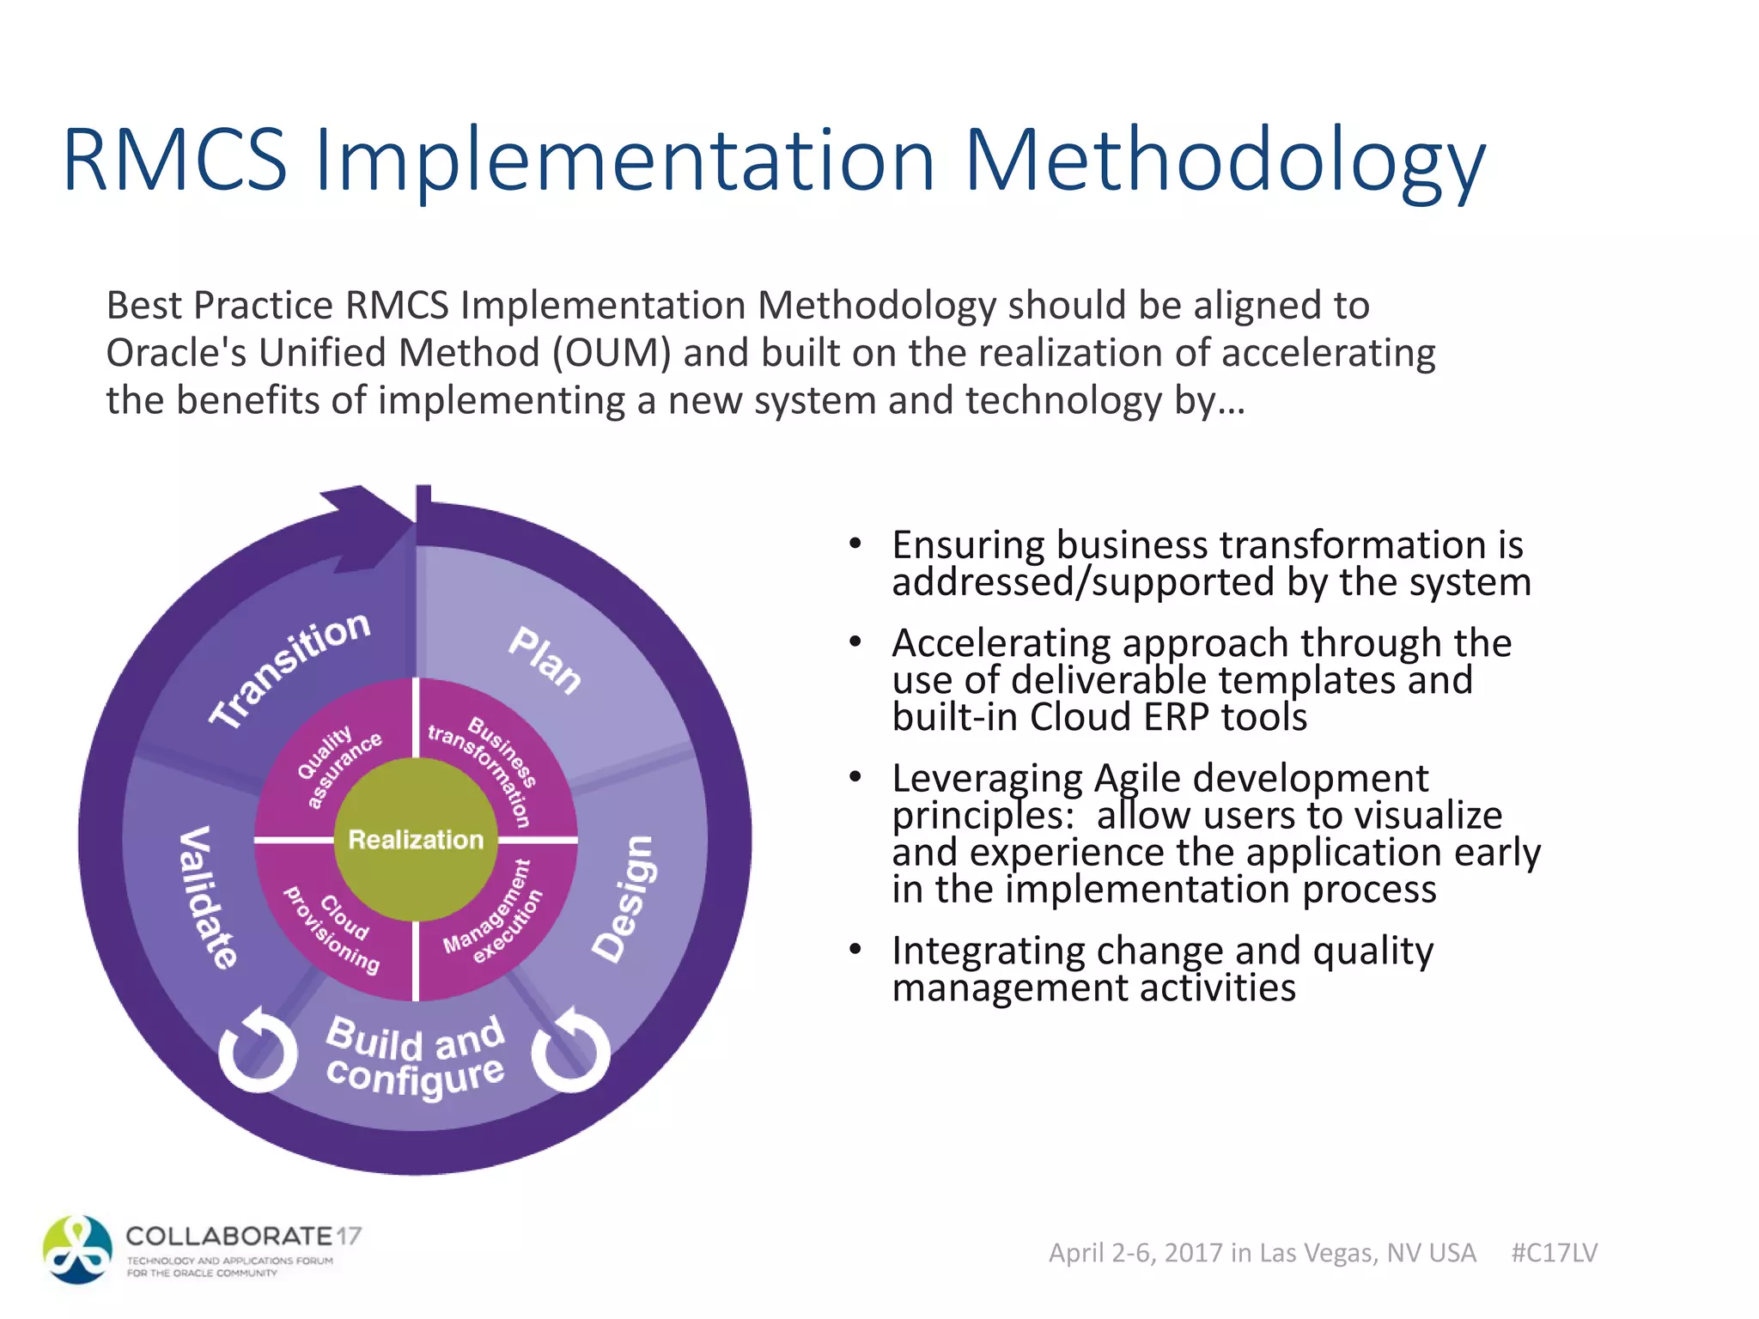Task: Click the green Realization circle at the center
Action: pos(416,839)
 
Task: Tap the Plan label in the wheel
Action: pos(545,659)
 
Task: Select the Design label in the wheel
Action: pos(624,898)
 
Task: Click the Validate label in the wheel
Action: pos(207,897)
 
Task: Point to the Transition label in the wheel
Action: pos(290,669)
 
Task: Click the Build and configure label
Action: pos(415,1056)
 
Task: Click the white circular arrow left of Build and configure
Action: pos(258,1049)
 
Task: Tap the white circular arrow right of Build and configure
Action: pos(571,1049)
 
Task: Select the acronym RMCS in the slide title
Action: pos(175,160)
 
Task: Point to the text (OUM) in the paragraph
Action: pos(611,353)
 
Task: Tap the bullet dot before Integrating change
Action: pos(855,949)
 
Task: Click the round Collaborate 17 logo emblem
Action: pos(77,1249)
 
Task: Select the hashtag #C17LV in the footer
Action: pos(1554,1253)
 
